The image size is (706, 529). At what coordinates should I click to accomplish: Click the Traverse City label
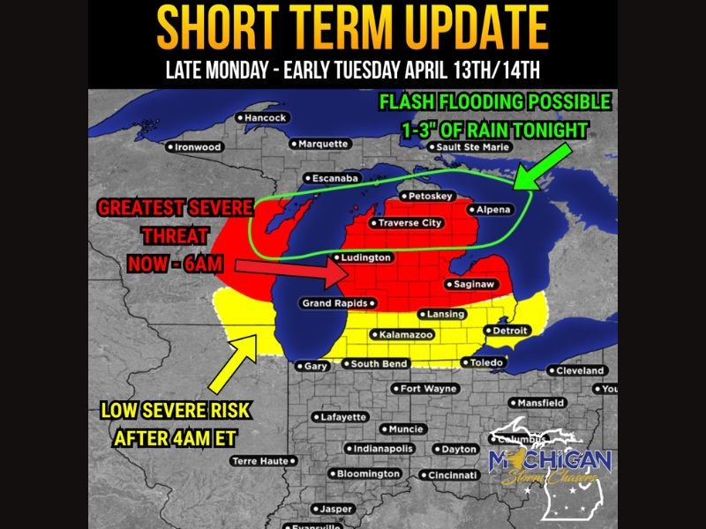(x=407, y=223)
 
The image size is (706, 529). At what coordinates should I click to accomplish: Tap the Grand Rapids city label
(x=332, y=304)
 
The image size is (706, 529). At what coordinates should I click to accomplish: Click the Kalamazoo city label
(x=402, y=335)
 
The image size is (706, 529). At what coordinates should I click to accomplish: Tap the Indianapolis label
(x=379, y=448)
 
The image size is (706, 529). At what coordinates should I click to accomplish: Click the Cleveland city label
(x=580, y=370)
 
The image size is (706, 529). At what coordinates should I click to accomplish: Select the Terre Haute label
(x=260, y=461)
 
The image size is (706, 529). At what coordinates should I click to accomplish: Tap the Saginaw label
(x=474, y=284)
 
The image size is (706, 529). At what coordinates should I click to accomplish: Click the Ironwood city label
(x=195, y=147)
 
